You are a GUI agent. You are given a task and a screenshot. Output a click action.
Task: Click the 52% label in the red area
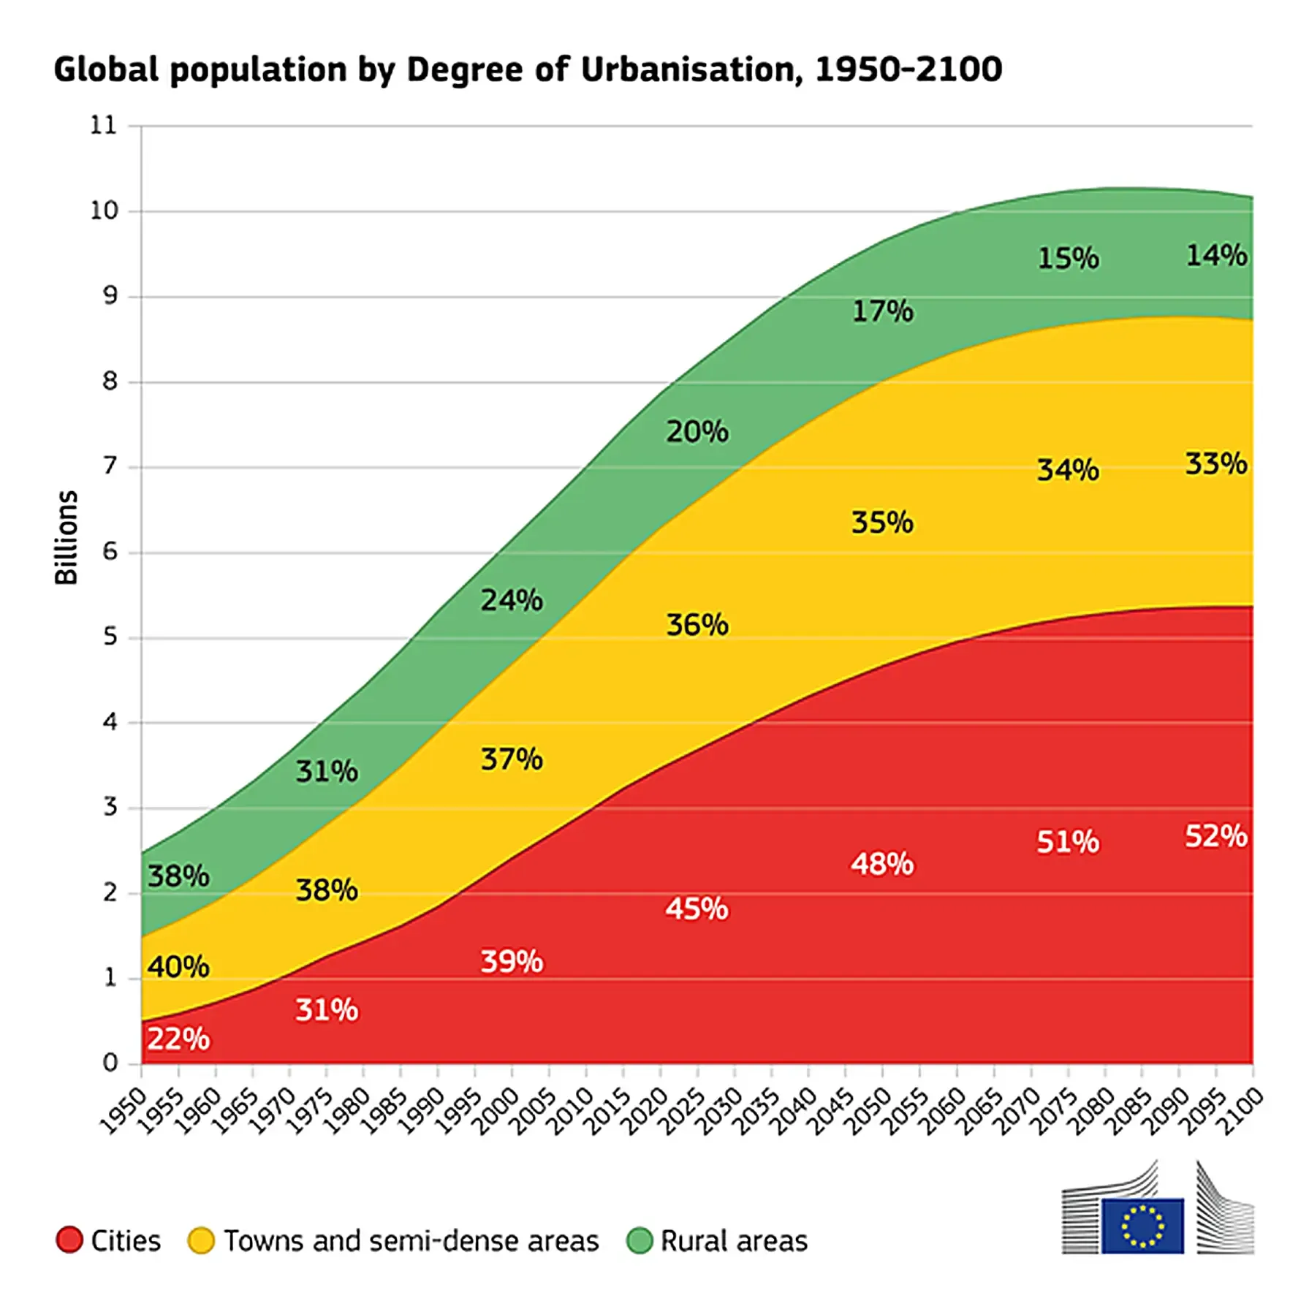(1215, 835)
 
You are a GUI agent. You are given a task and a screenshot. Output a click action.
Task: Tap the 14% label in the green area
(1216, 255)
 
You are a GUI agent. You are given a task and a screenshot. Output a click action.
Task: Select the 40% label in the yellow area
(178, 966)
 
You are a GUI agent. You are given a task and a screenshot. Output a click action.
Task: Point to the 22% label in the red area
(178, 1039)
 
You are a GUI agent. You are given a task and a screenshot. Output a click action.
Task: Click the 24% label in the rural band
(511, 600)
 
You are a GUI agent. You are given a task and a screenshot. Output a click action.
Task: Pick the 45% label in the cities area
(697, 908)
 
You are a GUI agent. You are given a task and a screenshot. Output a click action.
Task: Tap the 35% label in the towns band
(882, 522)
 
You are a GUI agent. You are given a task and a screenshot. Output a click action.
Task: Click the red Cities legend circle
(69, 1240)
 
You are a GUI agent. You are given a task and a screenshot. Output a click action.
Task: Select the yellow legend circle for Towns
(201, 1240)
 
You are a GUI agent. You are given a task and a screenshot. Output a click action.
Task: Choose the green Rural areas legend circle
(640, 1240)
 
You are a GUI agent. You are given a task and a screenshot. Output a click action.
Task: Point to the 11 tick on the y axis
(103, 125)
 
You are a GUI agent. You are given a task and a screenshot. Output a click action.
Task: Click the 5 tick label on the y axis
(110, 637)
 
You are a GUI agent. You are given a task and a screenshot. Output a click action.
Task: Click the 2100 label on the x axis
(1242, 1112)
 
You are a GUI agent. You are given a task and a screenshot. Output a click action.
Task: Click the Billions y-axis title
(66, 537)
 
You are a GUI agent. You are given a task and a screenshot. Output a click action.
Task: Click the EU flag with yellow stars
(1142, 1226)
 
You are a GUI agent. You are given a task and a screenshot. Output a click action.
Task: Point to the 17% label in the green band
(882, 311)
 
